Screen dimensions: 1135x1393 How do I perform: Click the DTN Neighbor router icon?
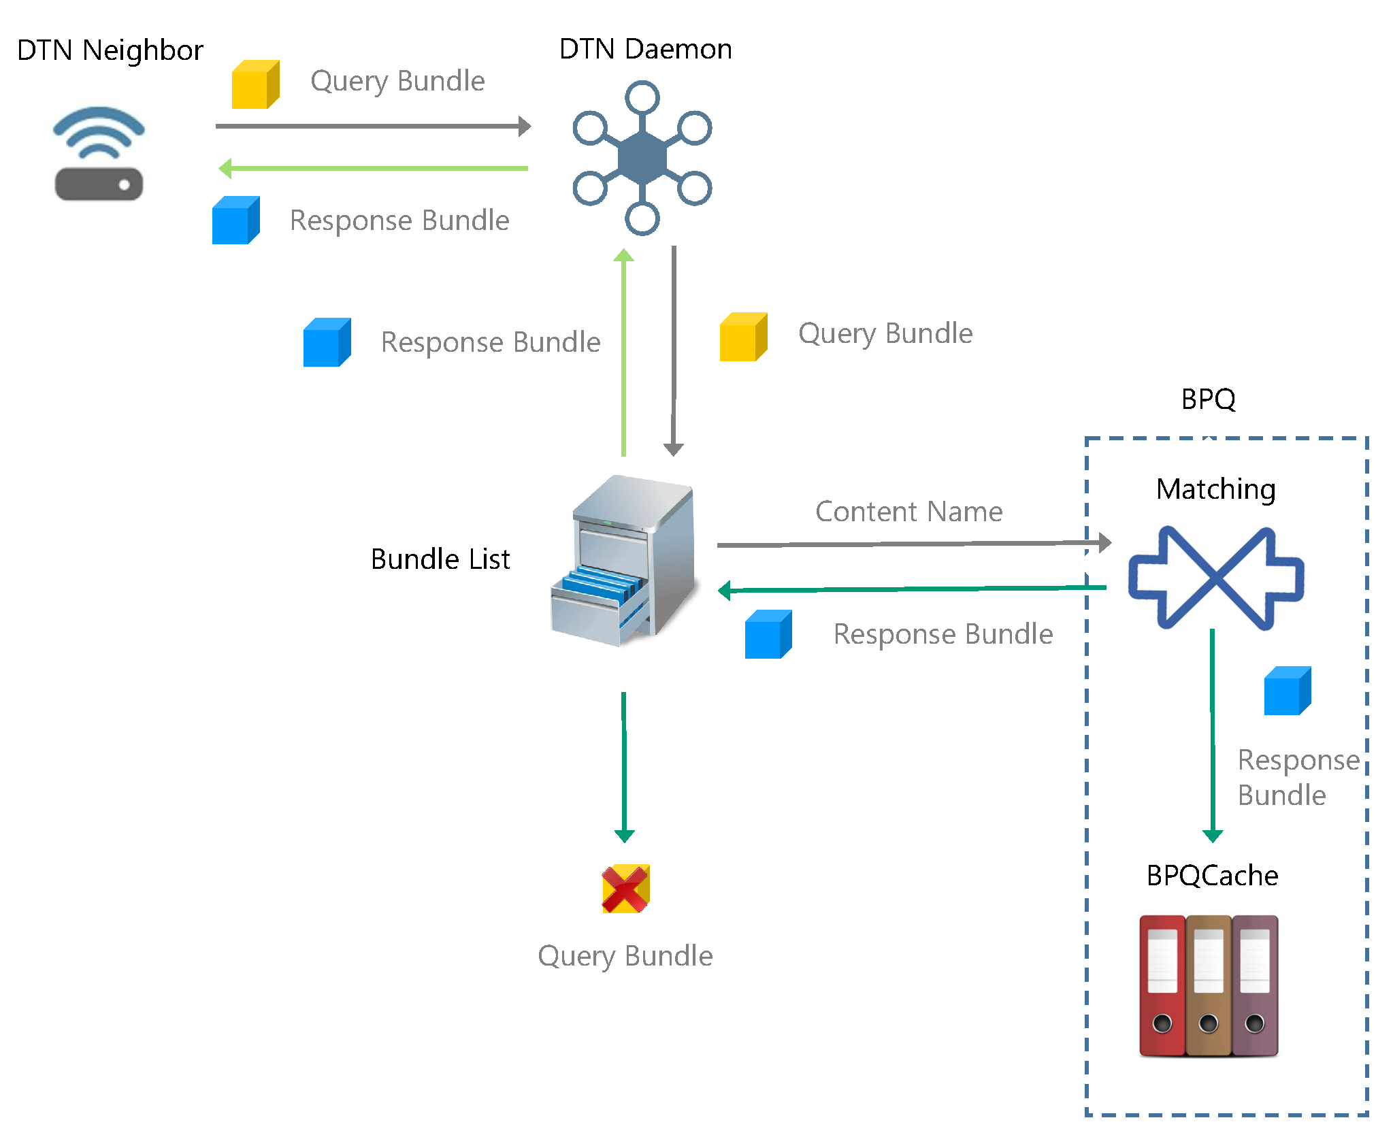[x=99, y=154]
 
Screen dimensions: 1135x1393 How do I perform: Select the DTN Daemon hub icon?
[x=642, y=158]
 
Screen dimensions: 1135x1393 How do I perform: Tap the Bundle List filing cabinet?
[x=625, y=561]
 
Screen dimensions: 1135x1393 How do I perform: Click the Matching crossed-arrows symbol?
[x=1216, y=578]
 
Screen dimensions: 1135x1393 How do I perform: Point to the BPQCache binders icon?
[x=1209, y=985]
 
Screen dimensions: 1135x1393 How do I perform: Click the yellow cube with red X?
[x=625, y=889]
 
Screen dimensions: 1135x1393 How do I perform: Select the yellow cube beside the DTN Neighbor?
[x=255, y=84]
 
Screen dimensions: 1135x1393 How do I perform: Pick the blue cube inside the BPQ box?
[x=1287, y=691]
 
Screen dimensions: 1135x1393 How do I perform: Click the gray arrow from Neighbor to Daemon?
[x=372, y=126]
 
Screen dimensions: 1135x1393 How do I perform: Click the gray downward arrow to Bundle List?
[x=674, y=350]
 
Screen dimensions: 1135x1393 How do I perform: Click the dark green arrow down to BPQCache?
[x=1213, y=735]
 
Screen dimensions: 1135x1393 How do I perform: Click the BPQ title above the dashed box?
[x=1208, y=399]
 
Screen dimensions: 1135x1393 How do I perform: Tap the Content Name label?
[x=908, y=512]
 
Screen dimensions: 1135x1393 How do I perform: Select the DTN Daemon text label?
[x=645, y=49]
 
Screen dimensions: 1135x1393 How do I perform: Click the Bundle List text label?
[x=440, y=559]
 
